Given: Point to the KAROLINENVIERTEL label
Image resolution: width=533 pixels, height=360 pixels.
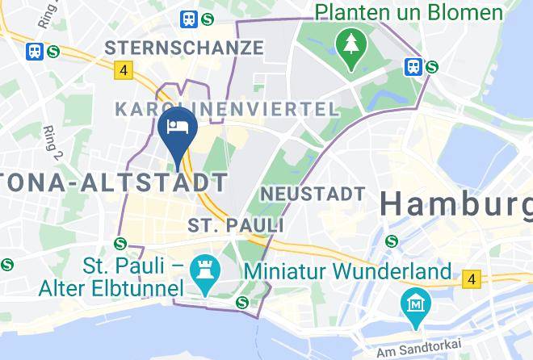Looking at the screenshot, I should pyautogui.click(x=227, y=109).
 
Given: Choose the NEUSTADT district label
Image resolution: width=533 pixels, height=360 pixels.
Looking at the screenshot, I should pyautogui.click(x=313, y=195).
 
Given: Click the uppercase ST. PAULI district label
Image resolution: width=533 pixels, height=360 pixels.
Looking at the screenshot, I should pyautogui.click(x=236, y=224).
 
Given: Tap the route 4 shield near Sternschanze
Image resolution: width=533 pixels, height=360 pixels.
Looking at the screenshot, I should pyautogui.click(x=123, y=70).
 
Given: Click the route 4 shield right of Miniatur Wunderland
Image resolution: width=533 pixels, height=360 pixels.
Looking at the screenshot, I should pyautogui.click(x=470, y=280).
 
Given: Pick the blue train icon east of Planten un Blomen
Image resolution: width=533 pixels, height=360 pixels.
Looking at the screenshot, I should pyautogui.click(x=414, y=66).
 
